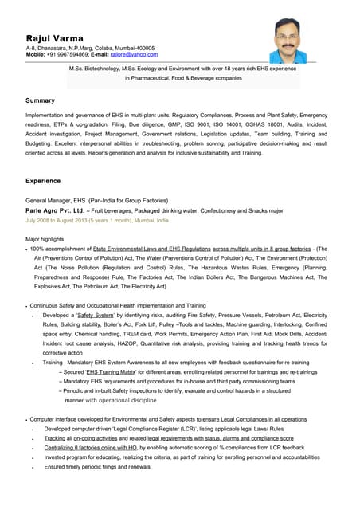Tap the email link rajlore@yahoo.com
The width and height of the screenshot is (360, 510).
[x=135, y=55]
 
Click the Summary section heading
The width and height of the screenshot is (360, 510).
[x=40, y=101]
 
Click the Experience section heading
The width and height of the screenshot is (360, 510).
[x=44, y=181]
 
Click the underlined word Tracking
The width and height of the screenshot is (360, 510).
[x=55, y=438]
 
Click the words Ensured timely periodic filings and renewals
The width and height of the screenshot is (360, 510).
[x=97, y=467]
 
